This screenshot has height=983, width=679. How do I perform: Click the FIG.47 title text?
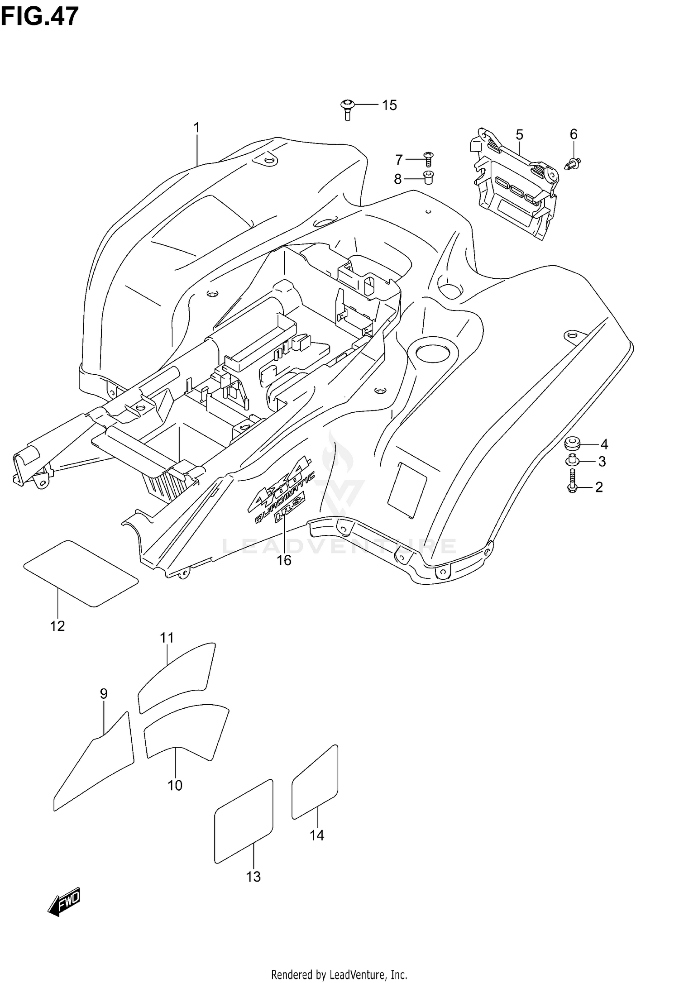40,17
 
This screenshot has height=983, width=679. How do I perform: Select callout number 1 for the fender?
197,128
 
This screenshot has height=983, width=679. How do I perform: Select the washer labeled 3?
571,461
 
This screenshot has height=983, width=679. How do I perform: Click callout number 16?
284,561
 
